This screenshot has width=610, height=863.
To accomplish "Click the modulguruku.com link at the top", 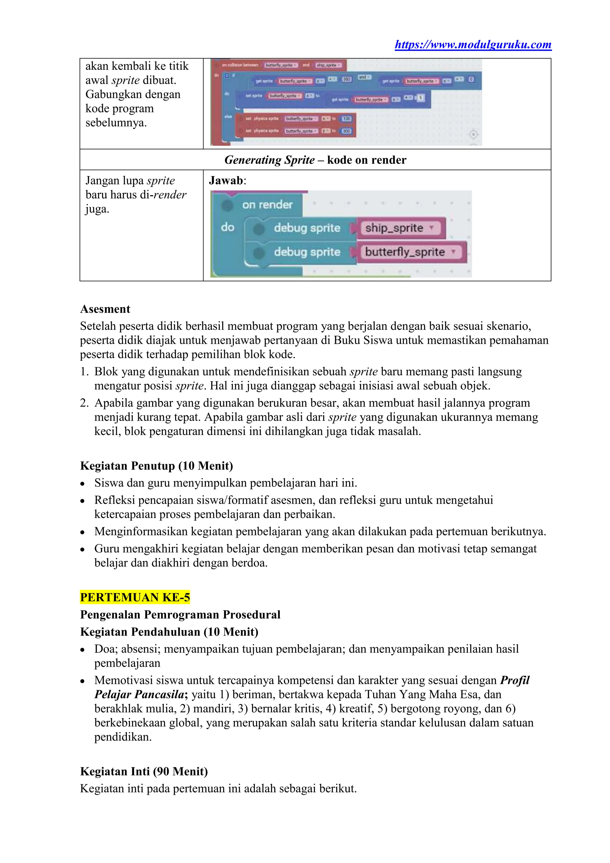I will tap(473, 45).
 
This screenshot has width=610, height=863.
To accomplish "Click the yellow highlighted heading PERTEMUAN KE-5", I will tap(135, 597).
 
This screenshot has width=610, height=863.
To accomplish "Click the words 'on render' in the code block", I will tap(267, 205).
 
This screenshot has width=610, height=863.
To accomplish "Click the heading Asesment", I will tap(105, 309).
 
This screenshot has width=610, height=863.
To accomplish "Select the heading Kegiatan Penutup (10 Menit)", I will tap(156, 466).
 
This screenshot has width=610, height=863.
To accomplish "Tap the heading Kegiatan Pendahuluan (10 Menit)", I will tap(169, 632).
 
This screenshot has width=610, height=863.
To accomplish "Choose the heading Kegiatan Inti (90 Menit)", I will tap(144, 771).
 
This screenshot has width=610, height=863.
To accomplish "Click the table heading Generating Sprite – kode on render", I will tap(315, 160).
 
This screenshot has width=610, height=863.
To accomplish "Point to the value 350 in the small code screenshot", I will tap(346, 79).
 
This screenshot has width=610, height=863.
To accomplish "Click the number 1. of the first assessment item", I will tap(84, 372).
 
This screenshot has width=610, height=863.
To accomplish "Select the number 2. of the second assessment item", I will tap(84, 403).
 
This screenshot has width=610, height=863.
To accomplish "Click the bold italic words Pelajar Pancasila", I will tap(139, 694).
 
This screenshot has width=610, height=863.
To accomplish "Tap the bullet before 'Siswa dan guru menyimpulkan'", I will tap(83, 483).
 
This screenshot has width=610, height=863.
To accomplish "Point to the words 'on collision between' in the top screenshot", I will tap(240, 65).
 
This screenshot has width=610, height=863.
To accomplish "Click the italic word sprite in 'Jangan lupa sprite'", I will tap(161, 181).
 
